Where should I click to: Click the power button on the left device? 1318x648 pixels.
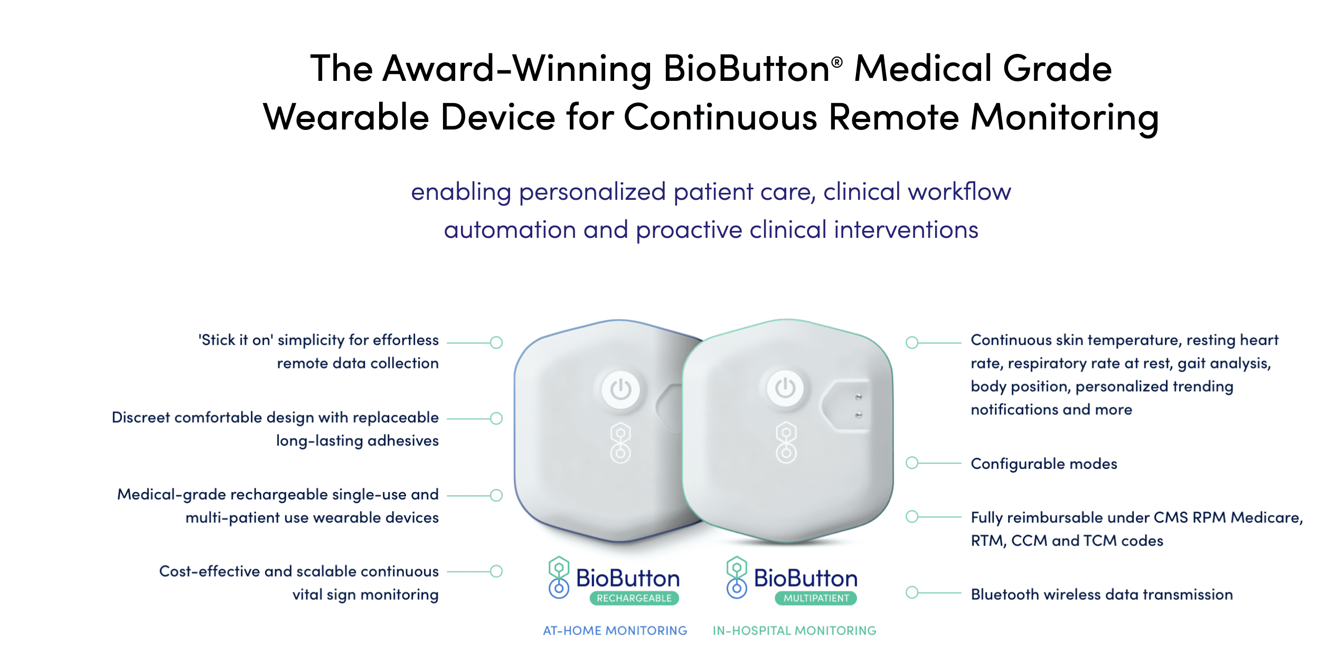620,390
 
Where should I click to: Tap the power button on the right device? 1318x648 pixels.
785,388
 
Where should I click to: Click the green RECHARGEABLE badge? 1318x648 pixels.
634,598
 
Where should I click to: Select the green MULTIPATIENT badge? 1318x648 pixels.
816,598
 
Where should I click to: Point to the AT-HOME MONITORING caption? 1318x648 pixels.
615,631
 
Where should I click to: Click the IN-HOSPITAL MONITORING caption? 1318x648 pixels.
794,631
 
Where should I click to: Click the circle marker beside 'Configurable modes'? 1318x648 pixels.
912,463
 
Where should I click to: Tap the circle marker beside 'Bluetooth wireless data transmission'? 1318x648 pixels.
912,593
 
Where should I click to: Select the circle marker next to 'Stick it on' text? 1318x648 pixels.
496,342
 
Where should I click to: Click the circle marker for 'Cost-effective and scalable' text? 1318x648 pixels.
496,571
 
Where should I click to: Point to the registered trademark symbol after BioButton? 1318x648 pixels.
836,62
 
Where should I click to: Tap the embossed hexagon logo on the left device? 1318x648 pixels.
620,443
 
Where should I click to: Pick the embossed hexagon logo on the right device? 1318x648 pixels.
786,442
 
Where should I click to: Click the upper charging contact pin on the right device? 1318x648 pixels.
859,396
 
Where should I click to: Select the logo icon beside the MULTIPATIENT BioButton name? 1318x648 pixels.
737,577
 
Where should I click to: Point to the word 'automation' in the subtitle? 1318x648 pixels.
510,230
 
